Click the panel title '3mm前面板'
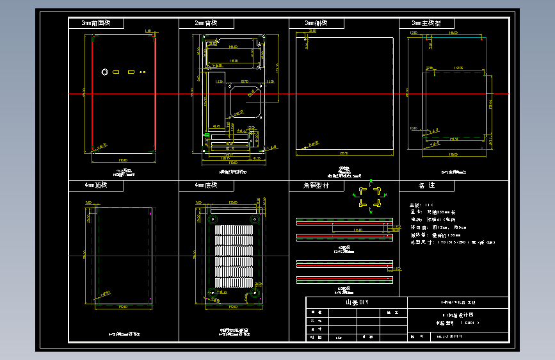point(96,23)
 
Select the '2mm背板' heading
point(206,23)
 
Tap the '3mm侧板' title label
point(316,23)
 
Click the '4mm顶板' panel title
point(96,185)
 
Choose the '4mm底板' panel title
point(206,185)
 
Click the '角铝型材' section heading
point(316,185)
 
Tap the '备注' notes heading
point(426,185)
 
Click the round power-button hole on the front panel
point(104,72)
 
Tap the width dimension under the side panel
point(344,154)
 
